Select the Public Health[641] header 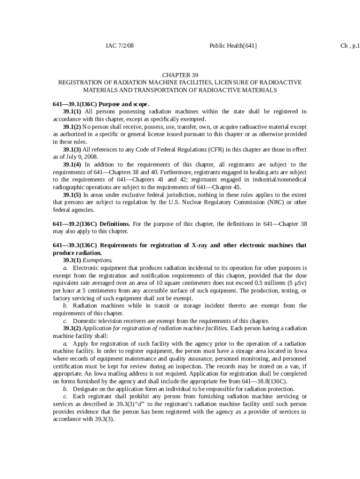[233, 45]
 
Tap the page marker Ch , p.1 [350, 45]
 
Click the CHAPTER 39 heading [180, 75]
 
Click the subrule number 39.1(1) [72, 111]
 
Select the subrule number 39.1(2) [72, 127]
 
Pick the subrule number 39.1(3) [72, 149]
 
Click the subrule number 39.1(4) [72, 165]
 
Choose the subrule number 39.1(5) [72, 195]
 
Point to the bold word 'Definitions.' [115, 224]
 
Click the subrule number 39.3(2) [72, 328]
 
